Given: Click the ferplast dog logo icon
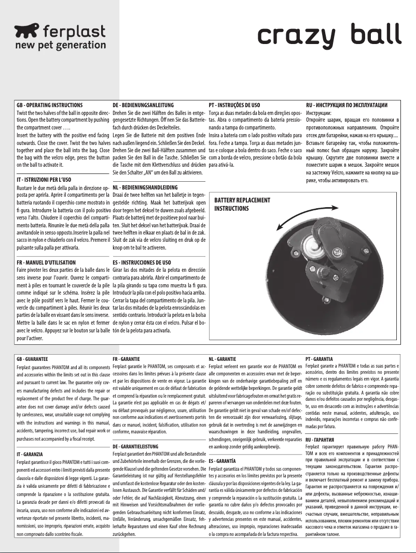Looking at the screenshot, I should (x=26, y=33).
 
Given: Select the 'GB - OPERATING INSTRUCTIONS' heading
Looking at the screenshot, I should (x=49, y=105).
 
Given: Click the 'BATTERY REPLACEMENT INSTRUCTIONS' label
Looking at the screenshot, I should (x=242, y=204).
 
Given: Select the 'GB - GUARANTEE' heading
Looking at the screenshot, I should (x=32, y=358).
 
